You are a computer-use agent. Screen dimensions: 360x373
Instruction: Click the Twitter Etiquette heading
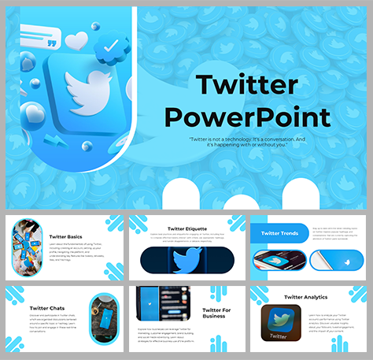pyautogui.click(x=186, y=225)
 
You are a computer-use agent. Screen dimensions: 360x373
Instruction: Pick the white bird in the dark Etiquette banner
pyautogui.click(x=186, y=261)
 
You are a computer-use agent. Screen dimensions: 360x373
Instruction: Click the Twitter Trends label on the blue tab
pyautogui.click(x=279, y=233)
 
